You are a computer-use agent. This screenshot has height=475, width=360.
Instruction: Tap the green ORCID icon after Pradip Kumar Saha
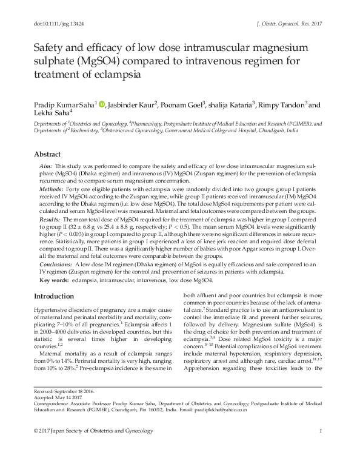pyautogui.click(x=101, y=104)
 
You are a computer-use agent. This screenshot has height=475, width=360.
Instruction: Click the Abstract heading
pyautogui.click(x=48, y=154)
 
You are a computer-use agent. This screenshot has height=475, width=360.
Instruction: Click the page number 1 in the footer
pyautogui.click(x=319, y=464)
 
